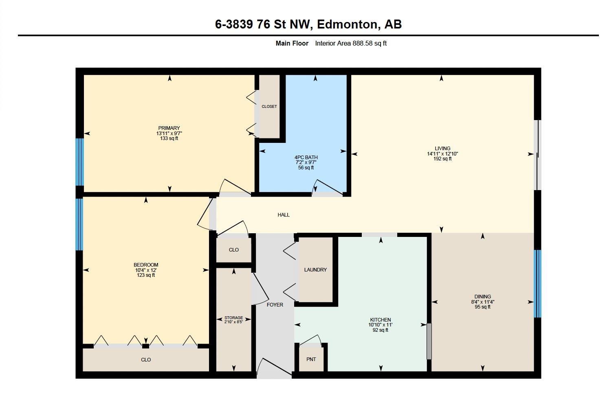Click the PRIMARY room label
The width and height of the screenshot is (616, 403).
(169, 128)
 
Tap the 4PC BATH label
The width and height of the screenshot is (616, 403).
(306, 158)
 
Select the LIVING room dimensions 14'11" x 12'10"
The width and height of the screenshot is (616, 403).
(442, 154)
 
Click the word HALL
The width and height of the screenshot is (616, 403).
(284, 215)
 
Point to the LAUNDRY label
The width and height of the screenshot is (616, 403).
(315, 270)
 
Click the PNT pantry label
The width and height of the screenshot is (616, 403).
(311, 359)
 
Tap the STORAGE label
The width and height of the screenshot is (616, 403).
(234, 318)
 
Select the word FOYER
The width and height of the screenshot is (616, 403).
(275, 305)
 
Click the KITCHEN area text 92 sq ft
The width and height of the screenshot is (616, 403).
(381, 330)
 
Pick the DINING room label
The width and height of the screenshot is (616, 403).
(483, 297)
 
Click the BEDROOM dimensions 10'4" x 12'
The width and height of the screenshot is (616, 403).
(146, 270)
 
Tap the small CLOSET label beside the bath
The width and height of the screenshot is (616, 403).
(269, 107)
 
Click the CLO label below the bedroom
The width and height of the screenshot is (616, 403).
(146, 360)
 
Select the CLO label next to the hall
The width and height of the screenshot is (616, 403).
(234, 250)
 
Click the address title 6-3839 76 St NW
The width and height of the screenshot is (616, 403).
(264, 24)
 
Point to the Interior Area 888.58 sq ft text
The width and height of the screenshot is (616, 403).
(351, 43)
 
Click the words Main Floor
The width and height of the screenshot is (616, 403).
(292, 43)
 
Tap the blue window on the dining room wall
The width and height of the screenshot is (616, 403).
(538, 283)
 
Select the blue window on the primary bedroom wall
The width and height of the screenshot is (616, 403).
(79, 162)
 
